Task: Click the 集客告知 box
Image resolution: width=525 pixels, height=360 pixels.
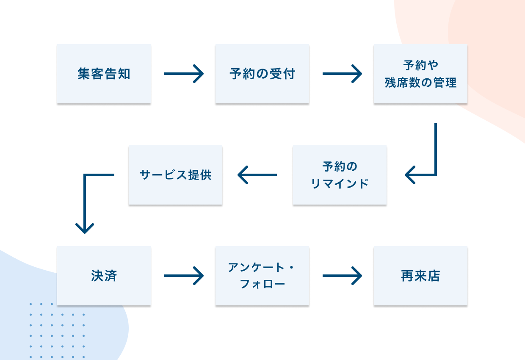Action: tap(104, 74)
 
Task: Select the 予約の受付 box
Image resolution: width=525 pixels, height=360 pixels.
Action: tap(262, 74)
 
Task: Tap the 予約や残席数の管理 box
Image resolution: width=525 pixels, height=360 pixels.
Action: tap(420, 74)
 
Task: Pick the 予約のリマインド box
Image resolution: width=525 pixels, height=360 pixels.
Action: tap(340, 175)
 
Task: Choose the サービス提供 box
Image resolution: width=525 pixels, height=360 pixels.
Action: tap(175, 175)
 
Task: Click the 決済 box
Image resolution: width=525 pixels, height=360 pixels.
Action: tap(104, 276)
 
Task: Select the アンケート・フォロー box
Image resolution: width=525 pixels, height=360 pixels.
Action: tap(262, 276)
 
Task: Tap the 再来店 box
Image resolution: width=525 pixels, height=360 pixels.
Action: tap(420, 276)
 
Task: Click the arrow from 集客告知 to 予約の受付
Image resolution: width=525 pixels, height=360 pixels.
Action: tap(183, 74)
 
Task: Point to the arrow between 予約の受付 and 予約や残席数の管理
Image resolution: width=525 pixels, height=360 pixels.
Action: tap(342, 74)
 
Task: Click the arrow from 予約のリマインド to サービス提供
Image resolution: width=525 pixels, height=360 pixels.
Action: tap(257, 175)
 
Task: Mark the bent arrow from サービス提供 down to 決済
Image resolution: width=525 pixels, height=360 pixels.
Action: tap(85, 199)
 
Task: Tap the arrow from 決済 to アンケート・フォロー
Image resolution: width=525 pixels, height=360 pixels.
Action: tap(183, 276)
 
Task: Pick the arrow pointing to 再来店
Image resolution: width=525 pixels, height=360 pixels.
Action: tap(342, 276)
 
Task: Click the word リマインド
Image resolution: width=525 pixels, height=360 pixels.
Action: tap(340, 184)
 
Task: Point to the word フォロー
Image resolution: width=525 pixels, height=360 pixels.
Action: tap(262, 284)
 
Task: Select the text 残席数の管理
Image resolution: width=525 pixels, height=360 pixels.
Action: tap(420, 83)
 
